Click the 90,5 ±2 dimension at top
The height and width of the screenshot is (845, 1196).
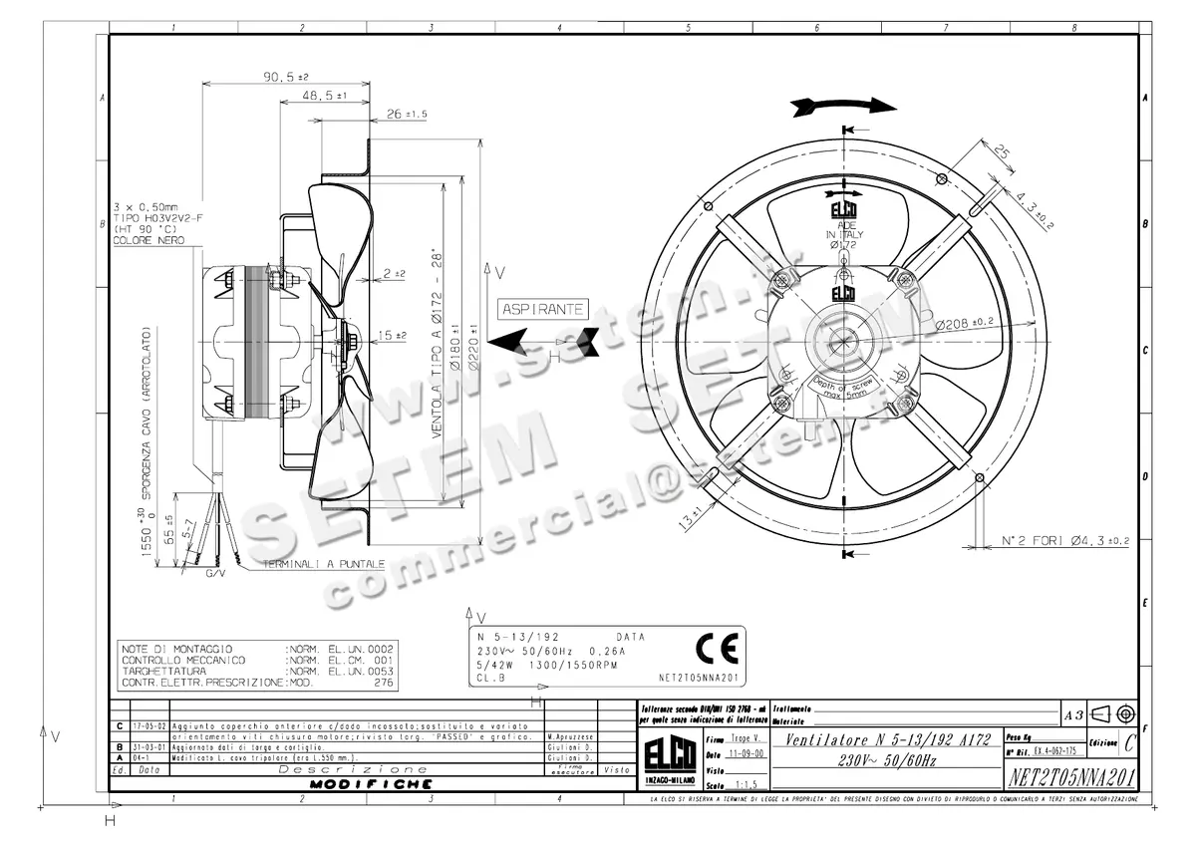tap(286, 76)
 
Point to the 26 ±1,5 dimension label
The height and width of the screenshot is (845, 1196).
tap(406, 115)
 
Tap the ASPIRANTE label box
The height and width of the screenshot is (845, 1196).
tap(543, 309)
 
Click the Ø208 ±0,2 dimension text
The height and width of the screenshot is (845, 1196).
tap(966, 322)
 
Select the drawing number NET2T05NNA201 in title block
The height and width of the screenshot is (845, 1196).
tap(1070, 776)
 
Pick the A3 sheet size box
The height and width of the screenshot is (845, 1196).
tap(1073, 714)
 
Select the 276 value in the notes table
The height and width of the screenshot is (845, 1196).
tap(383, 684)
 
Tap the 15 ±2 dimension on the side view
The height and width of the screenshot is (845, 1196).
tap(393, 335)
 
